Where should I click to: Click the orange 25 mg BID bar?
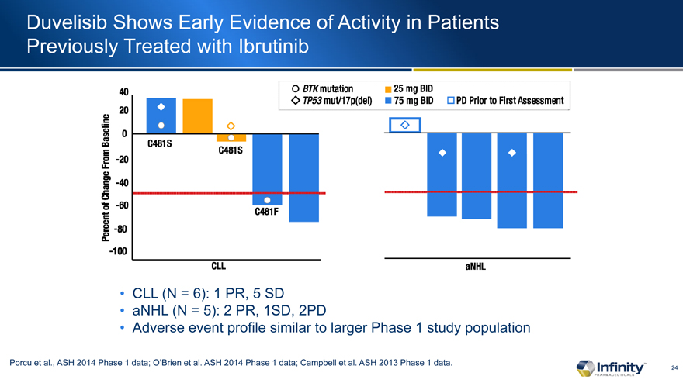click(197, 116)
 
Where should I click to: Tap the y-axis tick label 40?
click(123, 92)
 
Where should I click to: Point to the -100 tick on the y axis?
click(119, 252)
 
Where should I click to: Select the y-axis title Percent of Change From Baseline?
click(106, 178)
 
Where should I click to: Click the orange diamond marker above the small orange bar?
click(231, 126)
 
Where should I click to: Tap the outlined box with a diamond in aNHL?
click(404, 126)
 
